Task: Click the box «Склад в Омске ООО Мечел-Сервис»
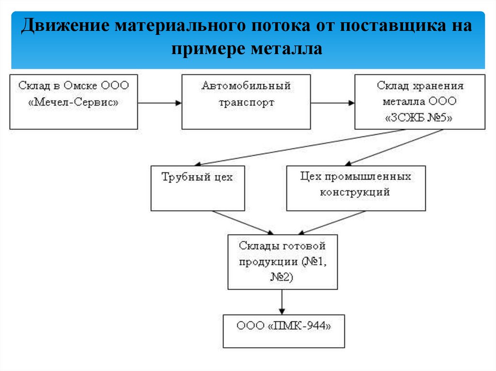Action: coord(74,102)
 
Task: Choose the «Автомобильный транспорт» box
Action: coord(246,102)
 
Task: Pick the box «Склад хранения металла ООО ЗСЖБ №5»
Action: coord(419,102)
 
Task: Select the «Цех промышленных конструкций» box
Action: coord(356,188)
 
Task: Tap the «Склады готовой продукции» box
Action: coord(282,262)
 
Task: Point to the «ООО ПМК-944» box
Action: coord(284,331)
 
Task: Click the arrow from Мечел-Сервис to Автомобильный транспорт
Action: coord(160,103)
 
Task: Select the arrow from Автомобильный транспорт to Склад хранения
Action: coord(333,103)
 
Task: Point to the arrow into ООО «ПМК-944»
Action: coord(282,302)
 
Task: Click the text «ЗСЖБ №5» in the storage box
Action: coord(419,118)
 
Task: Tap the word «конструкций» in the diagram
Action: coord(355,192)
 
